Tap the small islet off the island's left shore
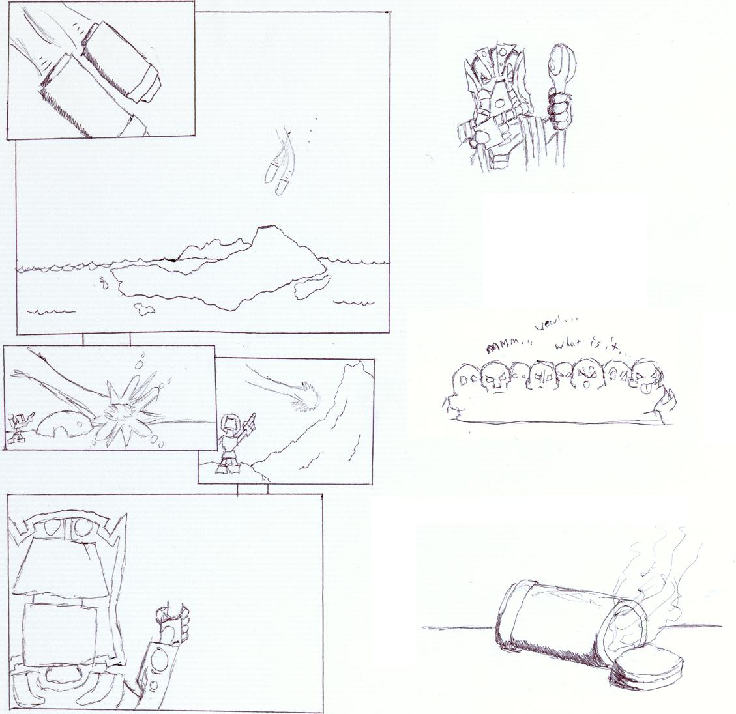[x=103, y=283]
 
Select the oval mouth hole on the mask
[x=498, y=102]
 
